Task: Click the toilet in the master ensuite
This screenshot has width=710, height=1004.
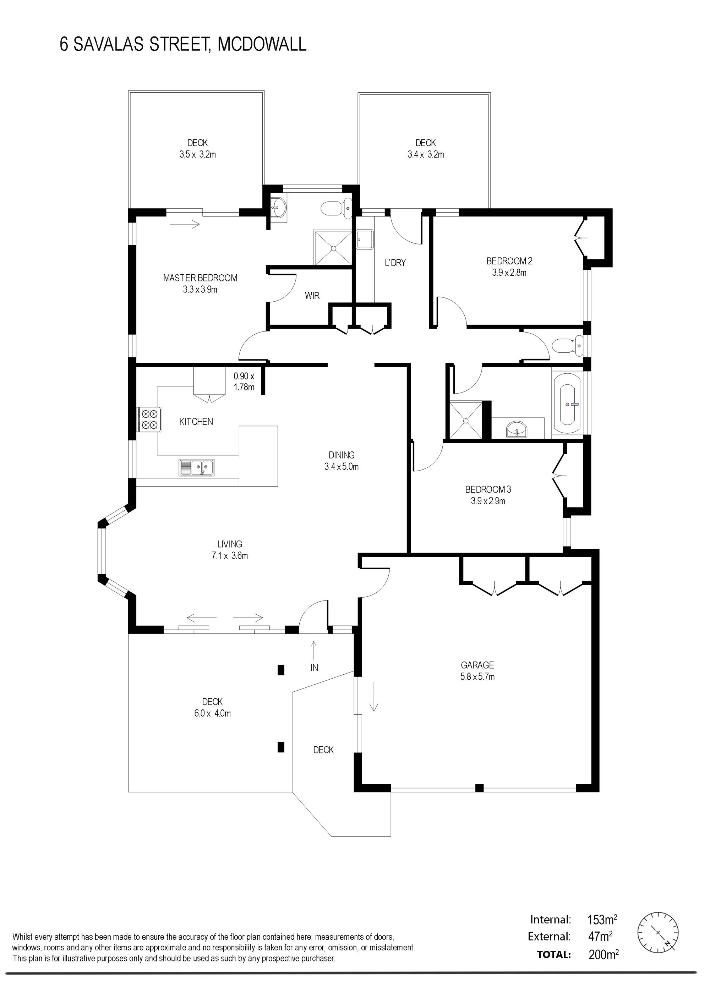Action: tap(337, 208)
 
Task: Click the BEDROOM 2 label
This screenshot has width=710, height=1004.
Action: tap(509, 261)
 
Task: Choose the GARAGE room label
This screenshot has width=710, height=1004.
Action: tap(477, 665)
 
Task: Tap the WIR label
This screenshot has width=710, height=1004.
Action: tap(312, 296)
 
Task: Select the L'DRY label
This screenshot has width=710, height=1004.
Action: tap(395, 263)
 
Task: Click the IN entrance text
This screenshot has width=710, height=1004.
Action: tap(314, 668)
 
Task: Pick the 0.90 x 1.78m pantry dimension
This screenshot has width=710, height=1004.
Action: tap(244, 381)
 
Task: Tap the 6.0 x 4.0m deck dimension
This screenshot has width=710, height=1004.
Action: tap(213, 713)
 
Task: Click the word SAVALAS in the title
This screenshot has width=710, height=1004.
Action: tap(109, 45)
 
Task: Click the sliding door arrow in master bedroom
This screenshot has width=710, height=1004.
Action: tap(185, 225)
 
